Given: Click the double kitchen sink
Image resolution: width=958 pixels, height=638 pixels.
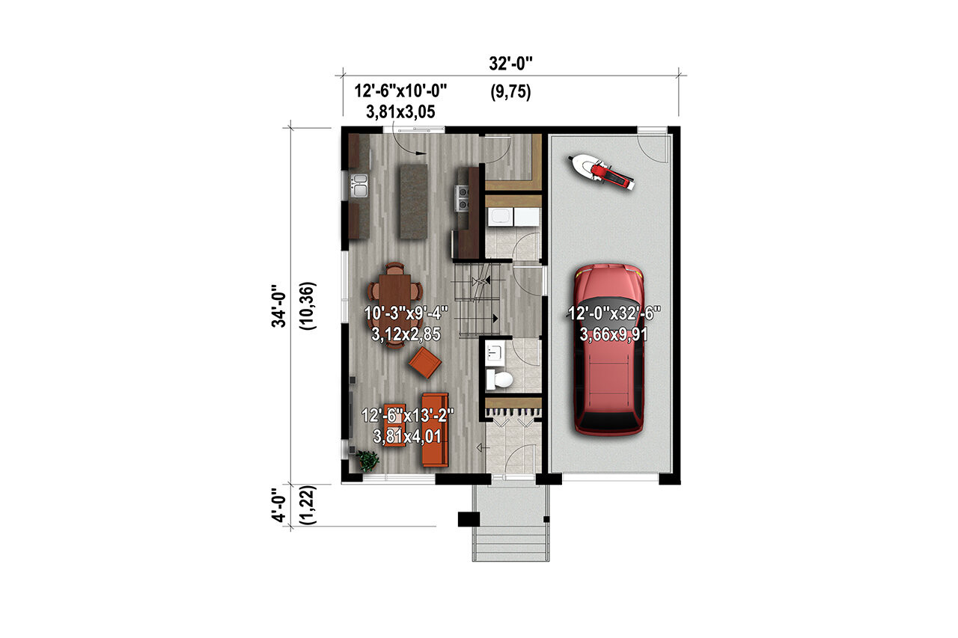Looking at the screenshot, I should point(360,184).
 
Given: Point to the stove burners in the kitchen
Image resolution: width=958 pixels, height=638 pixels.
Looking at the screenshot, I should point(463,197).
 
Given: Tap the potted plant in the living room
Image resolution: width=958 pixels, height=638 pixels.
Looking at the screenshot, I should point(368,460).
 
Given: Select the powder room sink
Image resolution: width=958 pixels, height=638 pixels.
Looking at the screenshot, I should point(495,350).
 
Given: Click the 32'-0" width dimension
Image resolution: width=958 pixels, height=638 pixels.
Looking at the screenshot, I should point(510,64).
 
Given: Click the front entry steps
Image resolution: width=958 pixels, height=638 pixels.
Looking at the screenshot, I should point(510,543).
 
